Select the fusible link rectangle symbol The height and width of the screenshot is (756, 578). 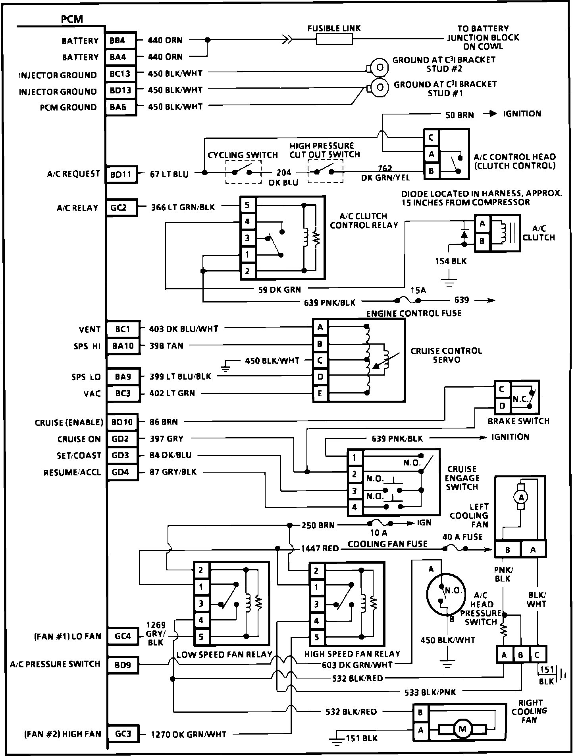334,39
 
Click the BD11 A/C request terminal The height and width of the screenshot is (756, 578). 121,174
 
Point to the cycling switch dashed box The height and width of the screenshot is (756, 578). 243,172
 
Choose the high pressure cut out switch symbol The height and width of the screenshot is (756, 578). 326,172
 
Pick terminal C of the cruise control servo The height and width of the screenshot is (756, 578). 320,361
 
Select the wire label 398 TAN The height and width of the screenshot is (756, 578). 166,346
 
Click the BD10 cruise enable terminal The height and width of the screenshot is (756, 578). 122,422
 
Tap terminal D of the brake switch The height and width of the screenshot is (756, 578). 502,406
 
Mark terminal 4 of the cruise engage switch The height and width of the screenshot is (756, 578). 355,507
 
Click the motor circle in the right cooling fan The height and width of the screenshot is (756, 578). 462,729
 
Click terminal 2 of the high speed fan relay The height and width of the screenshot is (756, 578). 316,571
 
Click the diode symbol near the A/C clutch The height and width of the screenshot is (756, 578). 463,235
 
